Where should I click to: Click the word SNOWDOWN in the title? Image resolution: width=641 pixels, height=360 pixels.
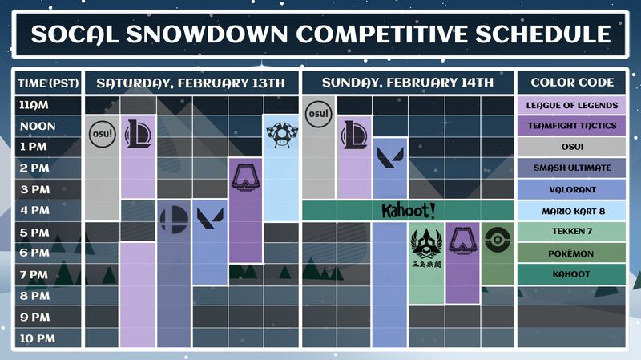(207, 34)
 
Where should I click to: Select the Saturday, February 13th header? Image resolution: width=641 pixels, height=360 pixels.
(191, 83)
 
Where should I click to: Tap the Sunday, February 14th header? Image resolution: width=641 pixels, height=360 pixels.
(408, 83)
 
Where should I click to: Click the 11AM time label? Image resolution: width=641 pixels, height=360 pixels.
(34, 105)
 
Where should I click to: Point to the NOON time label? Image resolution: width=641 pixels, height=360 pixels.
(38, 126)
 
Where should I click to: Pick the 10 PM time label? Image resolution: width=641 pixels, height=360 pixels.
(37, 338)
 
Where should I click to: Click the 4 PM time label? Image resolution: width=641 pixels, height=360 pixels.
(34, 210)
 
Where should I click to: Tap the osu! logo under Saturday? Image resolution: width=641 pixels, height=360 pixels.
(103, 134)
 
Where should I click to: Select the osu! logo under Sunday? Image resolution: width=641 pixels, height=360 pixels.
(318, 113)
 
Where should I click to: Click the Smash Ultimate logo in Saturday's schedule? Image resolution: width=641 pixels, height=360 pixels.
(174, 220)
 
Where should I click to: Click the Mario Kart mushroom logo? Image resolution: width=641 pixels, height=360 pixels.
(282, 134)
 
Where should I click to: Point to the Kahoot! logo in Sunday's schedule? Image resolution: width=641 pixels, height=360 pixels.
(408, 211)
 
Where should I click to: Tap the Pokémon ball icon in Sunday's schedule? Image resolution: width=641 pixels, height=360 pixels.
(498, 239)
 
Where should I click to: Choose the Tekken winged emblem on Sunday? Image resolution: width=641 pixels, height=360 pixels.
(426, 244)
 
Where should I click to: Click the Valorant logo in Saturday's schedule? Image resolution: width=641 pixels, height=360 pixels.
(210, 217)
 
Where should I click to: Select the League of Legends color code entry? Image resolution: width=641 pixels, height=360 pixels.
(571, 105)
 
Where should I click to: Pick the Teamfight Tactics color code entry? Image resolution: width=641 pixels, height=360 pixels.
(571, 126)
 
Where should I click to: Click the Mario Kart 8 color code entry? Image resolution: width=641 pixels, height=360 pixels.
(571, 211)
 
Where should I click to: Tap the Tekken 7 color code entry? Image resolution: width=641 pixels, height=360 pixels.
(571, 231)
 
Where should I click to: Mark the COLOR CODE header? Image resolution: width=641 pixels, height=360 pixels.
(571, 83)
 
